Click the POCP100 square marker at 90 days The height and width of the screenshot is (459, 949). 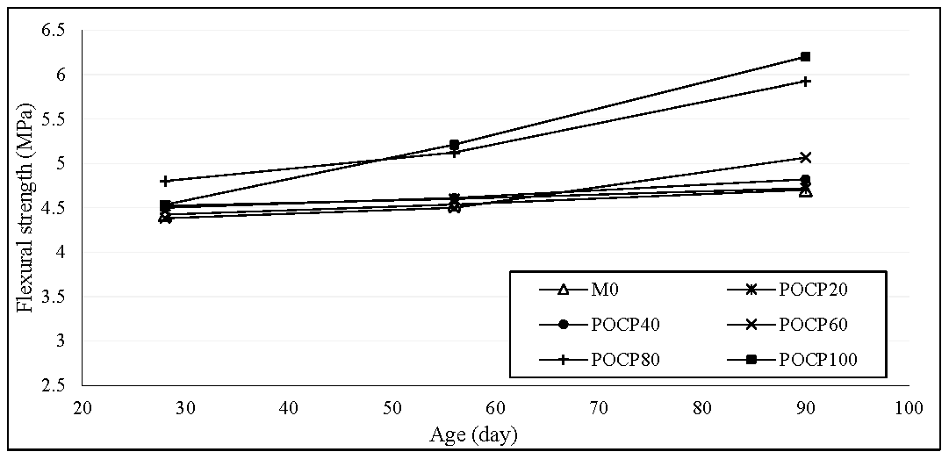click(x=805, y=57)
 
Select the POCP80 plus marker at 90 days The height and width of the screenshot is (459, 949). click(x=805, y=81)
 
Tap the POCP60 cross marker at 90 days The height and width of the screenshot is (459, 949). click(x=805, y=158)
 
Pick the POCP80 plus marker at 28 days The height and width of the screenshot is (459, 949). click(x=165, y=181)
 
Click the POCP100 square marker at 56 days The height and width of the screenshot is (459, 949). click(x=454, y=145)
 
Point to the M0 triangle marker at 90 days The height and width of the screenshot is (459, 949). click(x=805, y=191)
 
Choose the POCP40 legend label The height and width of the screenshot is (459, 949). click(x=626, y=325)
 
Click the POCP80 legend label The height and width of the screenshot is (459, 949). click(x=626, y=359)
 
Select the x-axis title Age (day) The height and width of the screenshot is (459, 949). click(x=473, y=434)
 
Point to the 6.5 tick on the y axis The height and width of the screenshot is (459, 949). click(x=54, y=31)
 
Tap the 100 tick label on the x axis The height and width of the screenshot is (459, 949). click(x=908, y=408)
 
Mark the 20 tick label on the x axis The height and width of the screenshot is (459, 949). click(x=83, y=408)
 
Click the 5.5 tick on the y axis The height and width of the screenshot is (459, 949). click(x=54, y=119)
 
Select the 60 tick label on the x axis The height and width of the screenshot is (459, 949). click(x=495, y=408)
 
